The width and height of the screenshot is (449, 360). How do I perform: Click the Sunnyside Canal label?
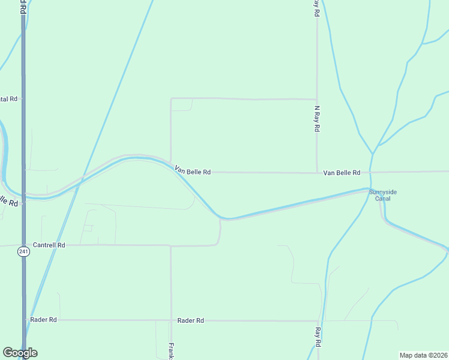(x=382, y=195)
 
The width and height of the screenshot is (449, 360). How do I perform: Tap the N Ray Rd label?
(x=317, y=119)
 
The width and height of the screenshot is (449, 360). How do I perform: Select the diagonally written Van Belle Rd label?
(x=192, y=171)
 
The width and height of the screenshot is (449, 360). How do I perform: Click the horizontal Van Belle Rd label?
(x=342, y=173)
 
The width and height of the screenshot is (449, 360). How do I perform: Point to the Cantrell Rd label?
(x=49, y=245)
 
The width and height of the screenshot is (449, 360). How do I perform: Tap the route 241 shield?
(x=23, y=252)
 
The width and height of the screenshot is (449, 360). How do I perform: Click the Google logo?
(x=20, y=353)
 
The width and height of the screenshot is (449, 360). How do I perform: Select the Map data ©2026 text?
(x=423, y=355)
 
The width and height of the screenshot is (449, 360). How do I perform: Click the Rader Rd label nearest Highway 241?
(x=43, y=320)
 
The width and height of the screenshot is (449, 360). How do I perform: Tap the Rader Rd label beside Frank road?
(x=191, y=321)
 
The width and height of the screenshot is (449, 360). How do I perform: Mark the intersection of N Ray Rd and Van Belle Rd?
(x=317, y=173)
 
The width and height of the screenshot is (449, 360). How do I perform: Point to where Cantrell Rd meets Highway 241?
(x=23, y=245)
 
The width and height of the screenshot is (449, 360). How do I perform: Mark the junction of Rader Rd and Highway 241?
(x=23, y=320)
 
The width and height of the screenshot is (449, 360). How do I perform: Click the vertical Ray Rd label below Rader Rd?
(x=318, y=337)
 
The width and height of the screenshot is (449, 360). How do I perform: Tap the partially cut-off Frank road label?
(x=172, y=350)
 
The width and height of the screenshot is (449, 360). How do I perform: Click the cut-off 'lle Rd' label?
(x=8, y=201)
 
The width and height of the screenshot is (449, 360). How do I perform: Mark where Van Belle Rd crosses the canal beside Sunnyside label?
(x=370, y=172)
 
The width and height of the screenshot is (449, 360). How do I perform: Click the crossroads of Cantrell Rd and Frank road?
(x=171, y=245)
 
